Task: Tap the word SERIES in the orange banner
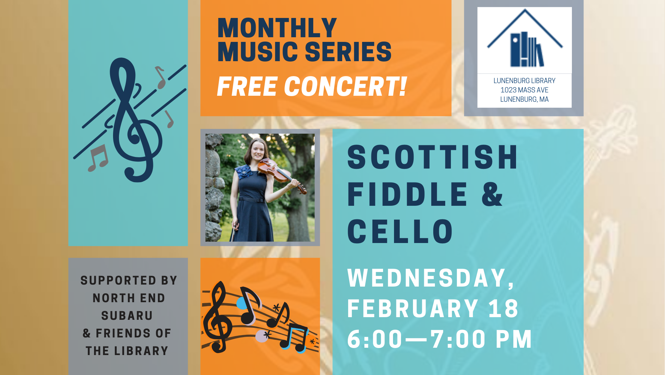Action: tap(348, 52)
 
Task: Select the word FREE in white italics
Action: tap(247, 86)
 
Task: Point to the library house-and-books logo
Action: tap(525, 39)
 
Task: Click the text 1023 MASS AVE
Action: tap(524, 90)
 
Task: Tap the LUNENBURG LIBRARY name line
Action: tap(524, 80)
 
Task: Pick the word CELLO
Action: tap(400, 231)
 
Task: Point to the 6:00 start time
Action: tap(375, 339)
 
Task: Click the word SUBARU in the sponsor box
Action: tap(127, 315)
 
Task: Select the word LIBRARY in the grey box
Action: tap(141, 351)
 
